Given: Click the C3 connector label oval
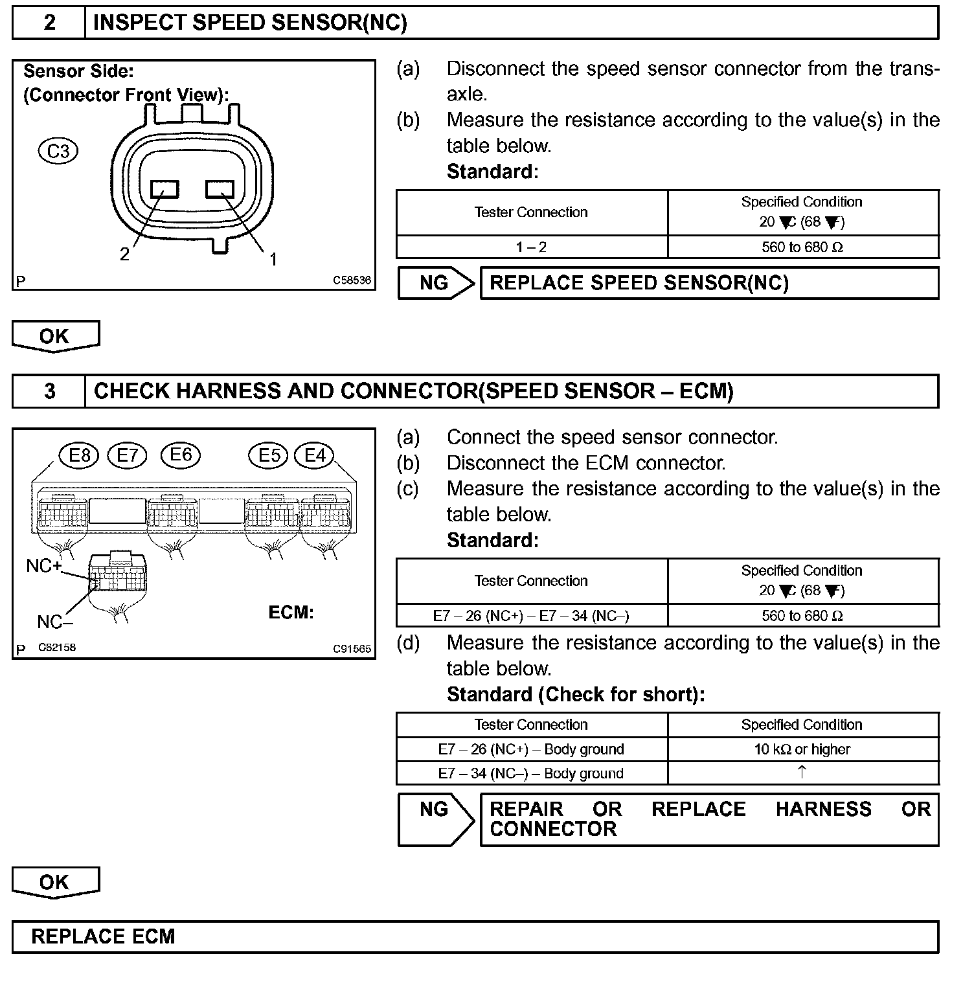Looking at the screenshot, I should (x=58, y=152).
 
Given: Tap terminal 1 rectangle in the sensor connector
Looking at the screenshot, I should (x=220, y=188).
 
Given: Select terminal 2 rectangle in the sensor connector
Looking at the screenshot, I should (x=164, y=189).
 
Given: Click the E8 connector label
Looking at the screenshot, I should (x=79, y=456).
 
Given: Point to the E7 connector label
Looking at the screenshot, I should (x=128, y=456).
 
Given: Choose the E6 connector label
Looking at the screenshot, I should (x=181, y=455).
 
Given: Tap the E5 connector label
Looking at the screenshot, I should (x=269, y=456).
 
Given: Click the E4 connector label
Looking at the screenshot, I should (x=315, y=456).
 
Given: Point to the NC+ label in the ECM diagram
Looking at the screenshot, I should (x=44, y=566).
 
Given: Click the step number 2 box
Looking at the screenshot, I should (x=49, y=23).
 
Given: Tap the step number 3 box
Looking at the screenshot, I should (x=49, y=392).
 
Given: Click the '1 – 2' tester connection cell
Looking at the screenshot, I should (x=531, y=247).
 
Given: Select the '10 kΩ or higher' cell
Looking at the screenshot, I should (x=802, y=749).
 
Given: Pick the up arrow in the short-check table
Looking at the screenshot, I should (x=802, y=772).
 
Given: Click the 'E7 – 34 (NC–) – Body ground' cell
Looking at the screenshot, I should (x=531, y=773).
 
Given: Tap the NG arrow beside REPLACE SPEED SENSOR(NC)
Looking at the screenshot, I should (x=436, y=283).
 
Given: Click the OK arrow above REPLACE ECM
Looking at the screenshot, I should (x=55, y=883).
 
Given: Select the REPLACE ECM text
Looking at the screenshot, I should (x=103, y=937).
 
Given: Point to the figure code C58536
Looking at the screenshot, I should (x=352, y=280).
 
